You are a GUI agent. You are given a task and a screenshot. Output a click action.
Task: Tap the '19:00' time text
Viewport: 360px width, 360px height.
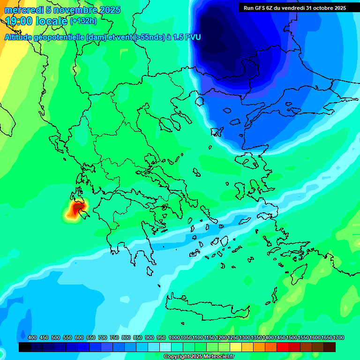[x=19, y=21]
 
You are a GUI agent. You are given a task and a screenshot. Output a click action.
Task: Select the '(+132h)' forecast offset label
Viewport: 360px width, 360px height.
[x=83, y=21]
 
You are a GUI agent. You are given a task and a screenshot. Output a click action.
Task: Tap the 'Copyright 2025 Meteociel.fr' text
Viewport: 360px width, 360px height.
[x=199, y=357]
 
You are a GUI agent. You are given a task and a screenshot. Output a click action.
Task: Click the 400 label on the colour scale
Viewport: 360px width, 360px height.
[x=32, y=338]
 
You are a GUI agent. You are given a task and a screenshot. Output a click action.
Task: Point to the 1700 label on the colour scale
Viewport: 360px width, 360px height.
[x=339, y=338]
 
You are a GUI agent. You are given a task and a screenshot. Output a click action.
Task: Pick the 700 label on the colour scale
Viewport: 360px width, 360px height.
[x=103, y=338]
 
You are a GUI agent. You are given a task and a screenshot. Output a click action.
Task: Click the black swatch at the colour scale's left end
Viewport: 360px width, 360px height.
[x=25, y=347]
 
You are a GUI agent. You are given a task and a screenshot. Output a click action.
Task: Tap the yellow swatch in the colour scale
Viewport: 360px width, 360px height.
[x=236, y=347]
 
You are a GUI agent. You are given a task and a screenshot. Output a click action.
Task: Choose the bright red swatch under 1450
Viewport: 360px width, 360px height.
[x=283, y=347]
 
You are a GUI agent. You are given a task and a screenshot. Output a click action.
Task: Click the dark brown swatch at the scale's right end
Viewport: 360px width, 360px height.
[x=330, y=347]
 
